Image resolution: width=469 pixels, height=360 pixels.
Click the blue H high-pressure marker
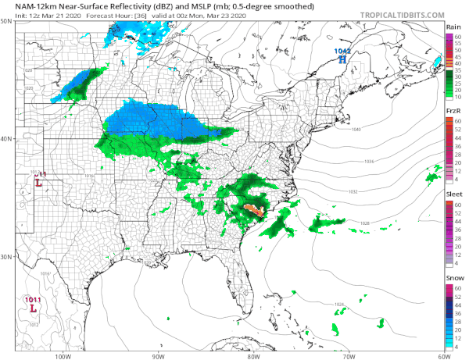pyautogui.click(x=342, y=59)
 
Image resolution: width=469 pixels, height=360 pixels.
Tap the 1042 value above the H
pyautogui.click(x=342, y=51)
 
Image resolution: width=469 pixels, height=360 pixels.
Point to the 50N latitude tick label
pyautogui.click(x=7, y=21)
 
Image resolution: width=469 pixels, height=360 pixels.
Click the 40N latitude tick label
pyautogui.click(x=7, y=139)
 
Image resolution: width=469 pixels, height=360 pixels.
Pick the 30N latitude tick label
pyautogui.click(x=7, y=257)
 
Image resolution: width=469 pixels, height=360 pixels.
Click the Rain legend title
pyautogui.click(x=452, y=27)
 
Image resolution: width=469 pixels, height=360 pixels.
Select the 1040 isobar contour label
pyautogui.click(x=356, y=129)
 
